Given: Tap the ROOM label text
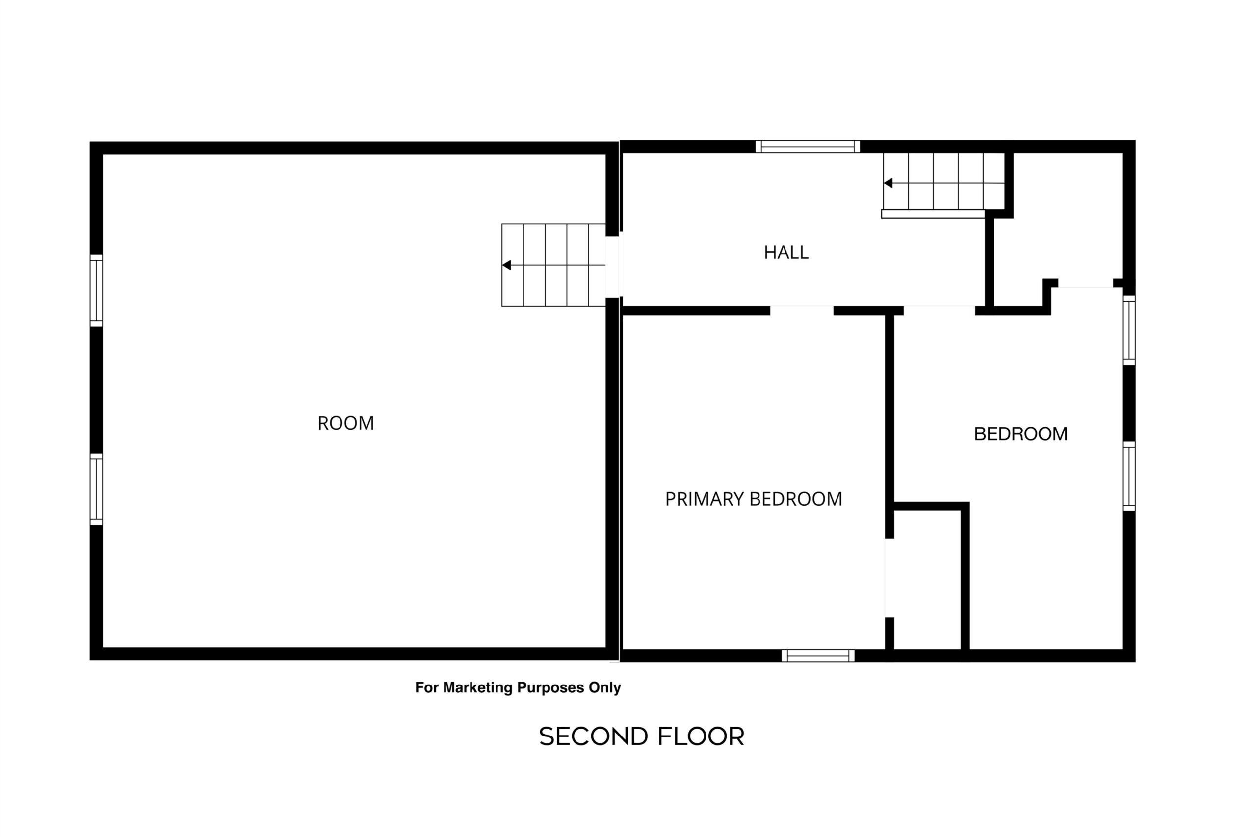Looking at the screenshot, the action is pyautogui.click(x=345, y=423).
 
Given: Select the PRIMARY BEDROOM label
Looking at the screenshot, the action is pyautogui.click(x=754, y=499).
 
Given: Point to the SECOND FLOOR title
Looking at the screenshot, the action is pyautogui.click(x=641, y=736).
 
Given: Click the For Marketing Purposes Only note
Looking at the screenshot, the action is pyautogui.click(x=518, y=688).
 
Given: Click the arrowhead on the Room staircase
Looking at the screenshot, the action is pyautogui.click(x=507, y=265).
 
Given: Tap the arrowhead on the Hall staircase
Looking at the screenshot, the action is pyautogui.click(x=888, y=183).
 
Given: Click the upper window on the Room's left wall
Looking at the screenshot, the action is pyautogui.click(x=96, y=290).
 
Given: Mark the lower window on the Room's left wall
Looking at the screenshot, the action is pyautogui.click(x=96, y=489).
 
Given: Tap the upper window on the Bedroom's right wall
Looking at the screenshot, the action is pyautogui.click(x=1129, y=330).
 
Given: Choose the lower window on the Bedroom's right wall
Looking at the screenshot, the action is pyautogui.click(x=1129, y=476).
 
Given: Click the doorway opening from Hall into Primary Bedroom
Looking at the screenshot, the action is pyautogui.click(x=802, y=311).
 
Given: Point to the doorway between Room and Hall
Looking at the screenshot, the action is pyautogui.click(x=613, y=267).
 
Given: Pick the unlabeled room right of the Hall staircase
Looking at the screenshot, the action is pyautogui.click(x=1063, y=224).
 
